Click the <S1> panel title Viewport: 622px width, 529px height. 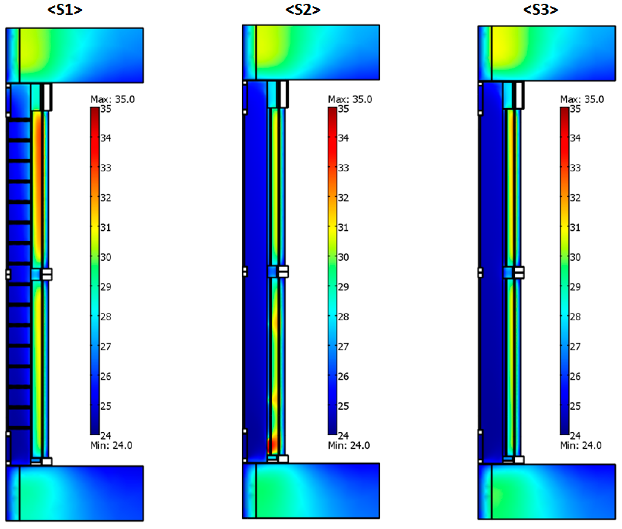click(x=65, y=10)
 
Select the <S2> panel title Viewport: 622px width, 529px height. click(x=303, y=10)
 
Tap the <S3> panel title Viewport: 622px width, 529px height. click(x=541, y=10)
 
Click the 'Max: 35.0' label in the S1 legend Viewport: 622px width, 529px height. click(x=112, y=99)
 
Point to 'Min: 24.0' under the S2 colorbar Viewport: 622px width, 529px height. click(x=349, y=445)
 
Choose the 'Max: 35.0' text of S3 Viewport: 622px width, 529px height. click(x=582, y=99)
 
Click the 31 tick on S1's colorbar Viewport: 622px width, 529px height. click(x=106, y=227)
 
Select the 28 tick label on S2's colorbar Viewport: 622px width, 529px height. click(x=344, y=317)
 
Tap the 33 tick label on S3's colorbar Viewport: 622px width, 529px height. click(x=575, y=168)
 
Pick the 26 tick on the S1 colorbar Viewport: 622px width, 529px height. click(x=106, y=376)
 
